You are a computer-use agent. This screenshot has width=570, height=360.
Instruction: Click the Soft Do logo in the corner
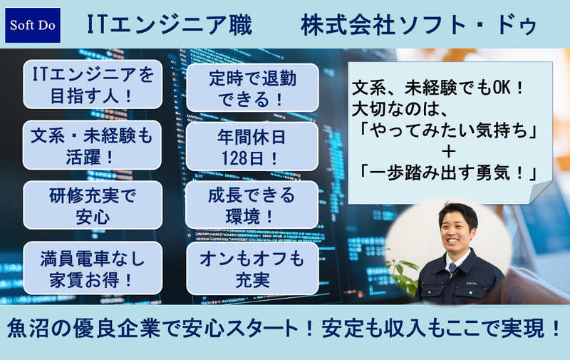coord(33,26)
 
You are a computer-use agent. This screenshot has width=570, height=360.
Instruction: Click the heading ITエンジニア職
coord(169,26)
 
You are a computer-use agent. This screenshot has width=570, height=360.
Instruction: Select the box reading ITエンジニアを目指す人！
coord(92,83)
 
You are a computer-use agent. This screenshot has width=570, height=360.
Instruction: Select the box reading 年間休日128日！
coord(252,145)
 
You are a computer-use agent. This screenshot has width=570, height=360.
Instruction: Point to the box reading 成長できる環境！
coord(252,205)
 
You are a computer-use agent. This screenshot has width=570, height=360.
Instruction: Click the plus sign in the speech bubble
coord(447,153)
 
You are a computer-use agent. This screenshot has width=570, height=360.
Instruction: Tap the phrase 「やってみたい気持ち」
coord(447,133)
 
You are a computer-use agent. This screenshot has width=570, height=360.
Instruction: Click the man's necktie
coord(452,269)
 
